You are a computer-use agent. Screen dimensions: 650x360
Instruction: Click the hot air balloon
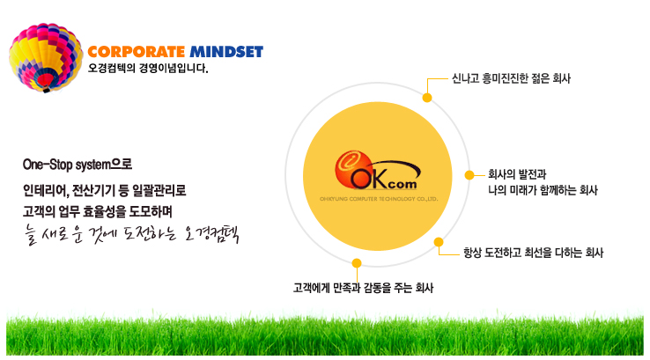46,57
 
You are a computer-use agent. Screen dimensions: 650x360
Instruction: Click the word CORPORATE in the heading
137,52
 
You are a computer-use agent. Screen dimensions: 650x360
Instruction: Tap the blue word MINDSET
226,52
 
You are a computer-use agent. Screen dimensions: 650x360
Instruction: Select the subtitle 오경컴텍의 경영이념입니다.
148,68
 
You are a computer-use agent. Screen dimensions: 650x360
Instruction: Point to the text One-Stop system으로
78,165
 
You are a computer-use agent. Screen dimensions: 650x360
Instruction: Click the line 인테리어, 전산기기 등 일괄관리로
105,191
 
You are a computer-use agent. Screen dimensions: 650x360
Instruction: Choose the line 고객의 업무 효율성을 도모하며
98,212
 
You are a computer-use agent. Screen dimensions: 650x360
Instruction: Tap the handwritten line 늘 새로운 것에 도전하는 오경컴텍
131,235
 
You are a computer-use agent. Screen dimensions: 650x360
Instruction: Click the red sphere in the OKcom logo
353,169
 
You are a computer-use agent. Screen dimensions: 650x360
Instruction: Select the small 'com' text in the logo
403,184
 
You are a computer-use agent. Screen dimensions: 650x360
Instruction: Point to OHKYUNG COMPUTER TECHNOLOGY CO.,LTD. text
379,199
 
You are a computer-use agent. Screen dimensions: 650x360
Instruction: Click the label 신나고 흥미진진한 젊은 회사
511,78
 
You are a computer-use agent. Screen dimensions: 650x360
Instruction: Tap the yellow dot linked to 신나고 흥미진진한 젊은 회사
427,98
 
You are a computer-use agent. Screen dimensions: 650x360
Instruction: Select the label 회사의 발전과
517,174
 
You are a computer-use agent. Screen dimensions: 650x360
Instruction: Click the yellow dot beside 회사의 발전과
469,175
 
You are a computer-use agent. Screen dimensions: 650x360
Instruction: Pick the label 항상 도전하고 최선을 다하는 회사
533,253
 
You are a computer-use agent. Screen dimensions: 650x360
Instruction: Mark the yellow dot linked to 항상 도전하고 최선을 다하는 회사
439,242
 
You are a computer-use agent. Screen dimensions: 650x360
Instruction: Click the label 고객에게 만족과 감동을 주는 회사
363,288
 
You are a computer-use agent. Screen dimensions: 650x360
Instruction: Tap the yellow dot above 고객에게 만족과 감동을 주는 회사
357,263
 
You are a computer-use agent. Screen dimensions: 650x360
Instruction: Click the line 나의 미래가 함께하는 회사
543,190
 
